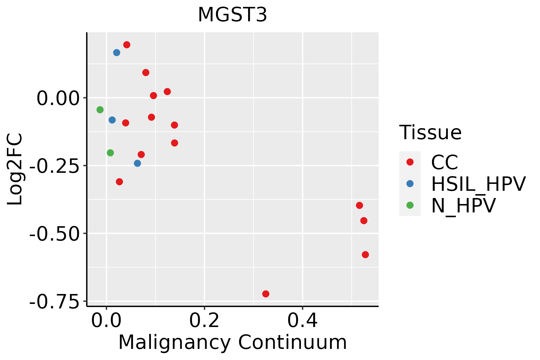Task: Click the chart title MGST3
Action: point(232,15)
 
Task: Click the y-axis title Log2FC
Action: point(15,169)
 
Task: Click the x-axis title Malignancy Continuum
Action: point(232,343)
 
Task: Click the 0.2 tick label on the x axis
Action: point(204,321)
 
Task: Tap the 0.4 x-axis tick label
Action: point(302,321)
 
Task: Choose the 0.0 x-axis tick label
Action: point(106,321)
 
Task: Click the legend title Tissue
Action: point(430,133)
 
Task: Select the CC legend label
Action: point(444,162)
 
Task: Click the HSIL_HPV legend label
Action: point(478,184)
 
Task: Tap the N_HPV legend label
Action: point(463,205)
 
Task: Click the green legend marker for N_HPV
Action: point(410,205)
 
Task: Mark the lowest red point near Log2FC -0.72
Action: point(265,294)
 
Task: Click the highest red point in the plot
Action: point(127,45)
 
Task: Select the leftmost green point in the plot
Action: point(100,110)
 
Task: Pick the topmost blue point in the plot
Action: point(117,53)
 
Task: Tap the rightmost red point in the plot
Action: point(365,255)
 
